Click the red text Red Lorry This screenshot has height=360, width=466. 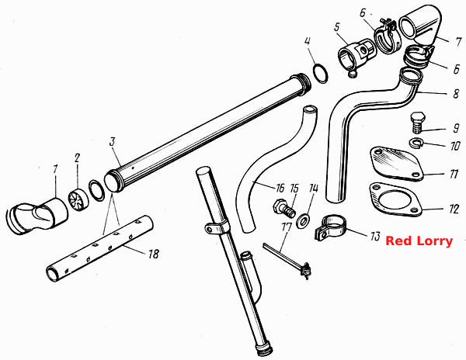pyautogui.click(x=419, y=241)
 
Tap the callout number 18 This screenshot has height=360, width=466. pyautogui.click(x=154, y=254)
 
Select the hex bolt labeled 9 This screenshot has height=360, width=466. pyautogui.click(x=418, y=123)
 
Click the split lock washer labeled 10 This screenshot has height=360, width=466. pyautogui.click(x=418, y=143)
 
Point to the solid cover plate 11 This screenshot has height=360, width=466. pyautogui.click(x=397, y=164)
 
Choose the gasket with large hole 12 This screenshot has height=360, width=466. pyautogui.click(x=395, y=199)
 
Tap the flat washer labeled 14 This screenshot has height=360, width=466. pyautogui.click(x=304, y=220)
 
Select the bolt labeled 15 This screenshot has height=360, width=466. pyautogui.click(x=284, y=209)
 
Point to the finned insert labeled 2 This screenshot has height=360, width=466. pyautogui.click(x=78, y=200)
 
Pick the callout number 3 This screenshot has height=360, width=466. pyautogui.click(x=112, y=141)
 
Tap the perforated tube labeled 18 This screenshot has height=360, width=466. pyautogui.click(x=99, y=248)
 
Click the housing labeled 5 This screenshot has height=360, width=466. pyautogui.click(x=356, y=56)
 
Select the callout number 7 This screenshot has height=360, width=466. pyautogui.click(x=458, y=42)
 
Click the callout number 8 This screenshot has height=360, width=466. pyautogui.click(x=456, y=93)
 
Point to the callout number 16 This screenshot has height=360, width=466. pyautogui.click(x=280, y=189)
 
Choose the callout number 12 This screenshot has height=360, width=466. pyautogui.click(x=454, y=209)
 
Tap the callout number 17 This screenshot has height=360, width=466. pyautogui.click(x=287, y=228)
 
